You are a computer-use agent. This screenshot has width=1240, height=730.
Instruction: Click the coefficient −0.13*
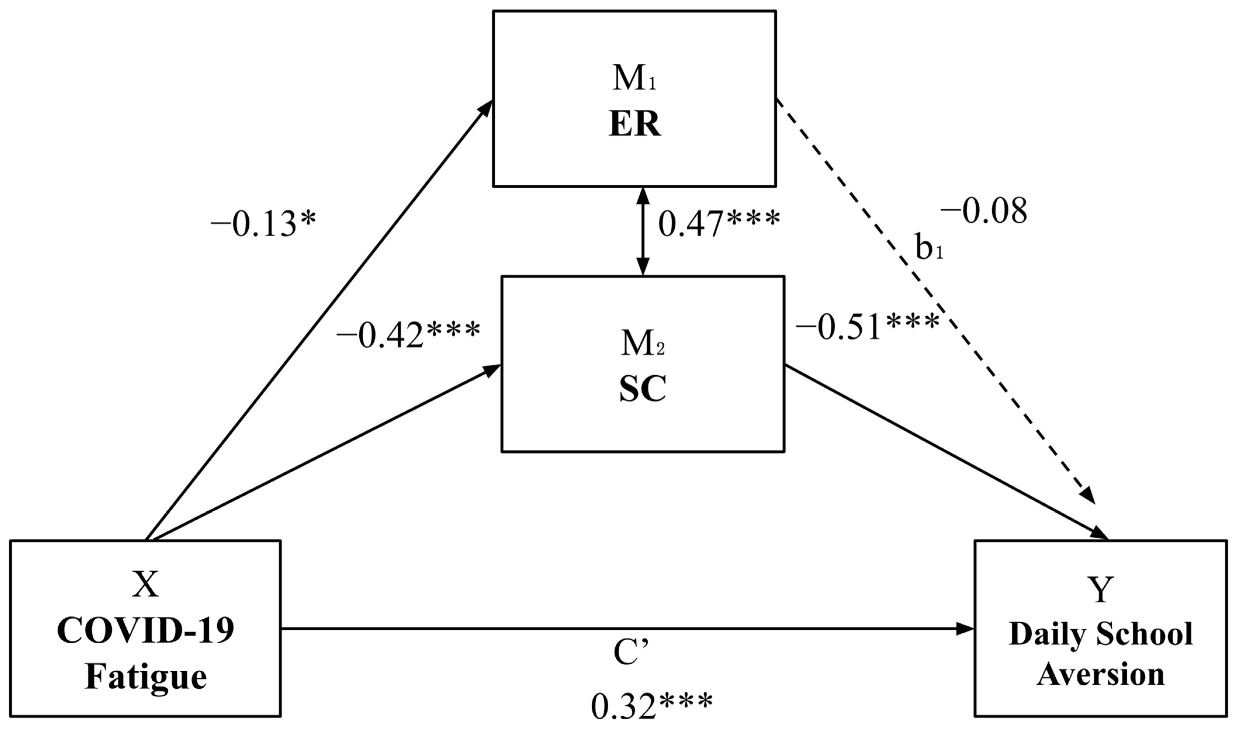click(263, 225)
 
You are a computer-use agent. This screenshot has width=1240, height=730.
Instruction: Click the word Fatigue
click(146, 677)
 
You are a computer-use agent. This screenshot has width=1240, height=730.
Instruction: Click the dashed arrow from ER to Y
click(935, 305)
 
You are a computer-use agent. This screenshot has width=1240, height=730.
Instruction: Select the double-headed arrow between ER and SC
click(642, 231)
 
